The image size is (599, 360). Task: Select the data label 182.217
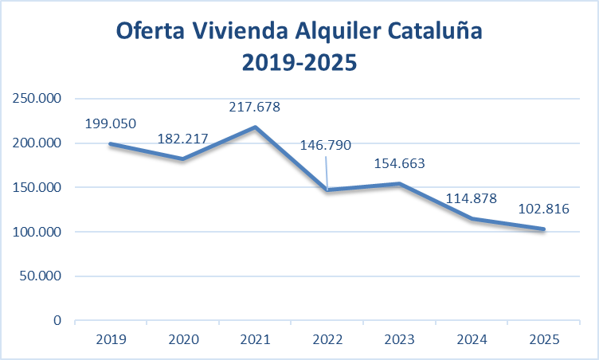182,139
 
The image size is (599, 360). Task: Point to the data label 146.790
325,146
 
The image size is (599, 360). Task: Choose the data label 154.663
399,164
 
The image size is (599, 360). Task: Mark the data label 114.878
470,199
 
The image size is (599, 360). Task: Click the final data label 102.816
542,209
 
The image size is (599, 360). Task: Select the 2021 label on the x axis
254,338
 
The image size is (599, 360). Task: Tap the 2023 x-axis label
399,338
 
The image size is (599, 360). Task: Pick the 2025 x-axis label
544,338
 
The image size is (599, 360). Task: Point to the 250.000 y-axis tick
39,99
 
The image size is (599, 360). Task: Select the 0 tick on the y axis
58,321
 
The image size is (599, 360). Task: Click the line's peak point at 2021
254,127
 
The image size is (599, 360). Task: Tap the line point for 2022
327,190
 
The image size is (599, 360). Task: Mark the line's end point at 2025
544,229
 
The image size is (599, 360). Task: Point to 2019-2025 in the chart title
299,61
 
